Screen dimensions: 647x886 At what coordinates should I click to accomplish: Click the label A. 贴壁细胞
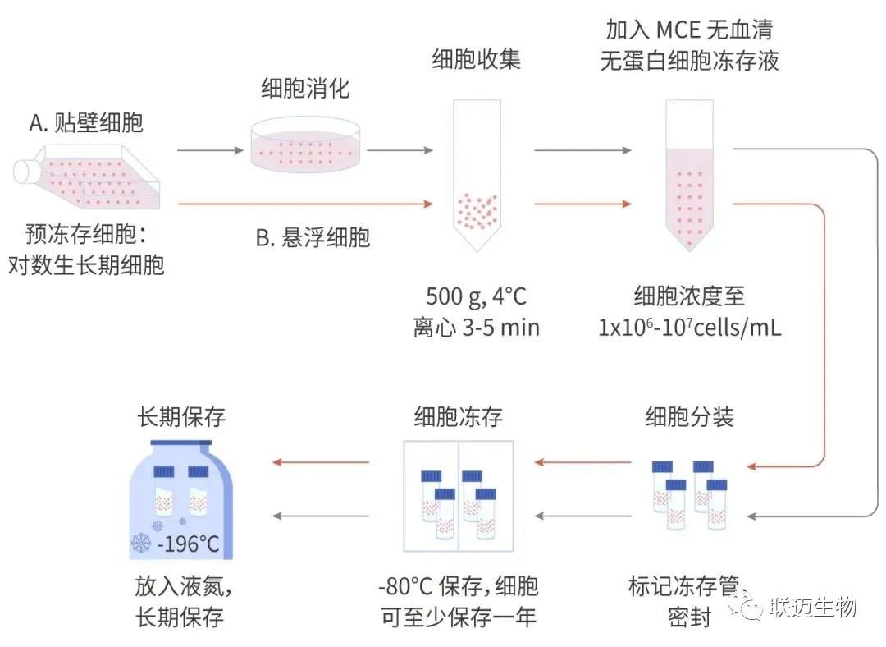tap(86, 123)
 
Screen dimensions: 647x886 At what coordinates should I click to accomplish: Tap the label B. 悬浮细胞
tap(313, 237)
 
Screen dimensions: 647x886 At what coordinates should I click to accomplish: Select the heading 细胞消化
tap(305, 88)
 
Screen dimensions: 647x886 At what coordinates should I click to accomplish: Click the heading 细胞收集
tap(477, 60)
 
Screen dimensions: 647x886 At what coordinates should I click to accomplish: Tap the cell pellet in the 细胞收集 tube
tap(477, 209)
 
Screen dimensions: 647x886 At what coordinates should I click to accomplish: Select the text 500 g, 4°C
tap(477, 295)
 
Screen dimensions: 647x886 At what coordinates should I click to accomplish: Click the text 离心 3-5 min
tap(477, 328)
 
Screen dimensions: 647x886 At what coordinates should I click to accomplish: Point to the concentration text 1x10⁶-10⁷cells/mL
tap(689, 328)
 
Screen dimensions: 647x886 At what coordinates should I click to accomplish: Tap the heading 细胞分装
tap(689, 416)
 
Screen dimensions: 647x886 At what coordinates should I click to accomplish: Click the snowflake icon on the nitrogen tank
tap(141, 543)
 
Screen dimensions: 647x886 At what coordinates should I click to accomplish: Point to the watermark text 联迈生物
tap(813, 607)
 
